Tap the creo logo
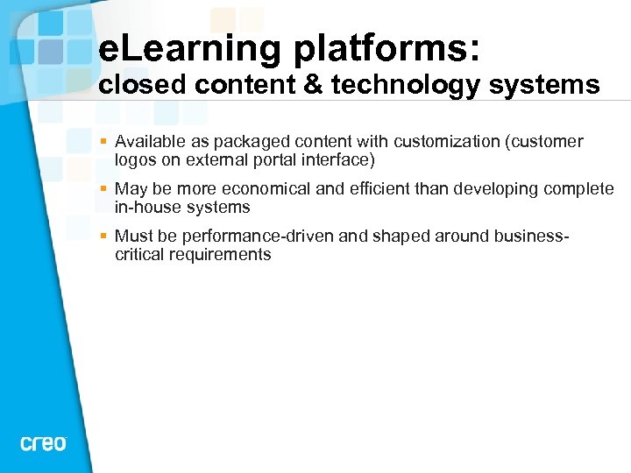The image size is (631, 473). point(43,443)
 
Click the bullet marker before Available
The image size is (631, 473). point(103,142)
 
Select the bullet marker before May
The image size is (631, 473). point(103,189)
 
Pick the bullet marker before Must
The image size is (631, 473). point(103,236)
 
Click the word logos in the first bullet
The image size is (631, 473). point(134,160)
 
